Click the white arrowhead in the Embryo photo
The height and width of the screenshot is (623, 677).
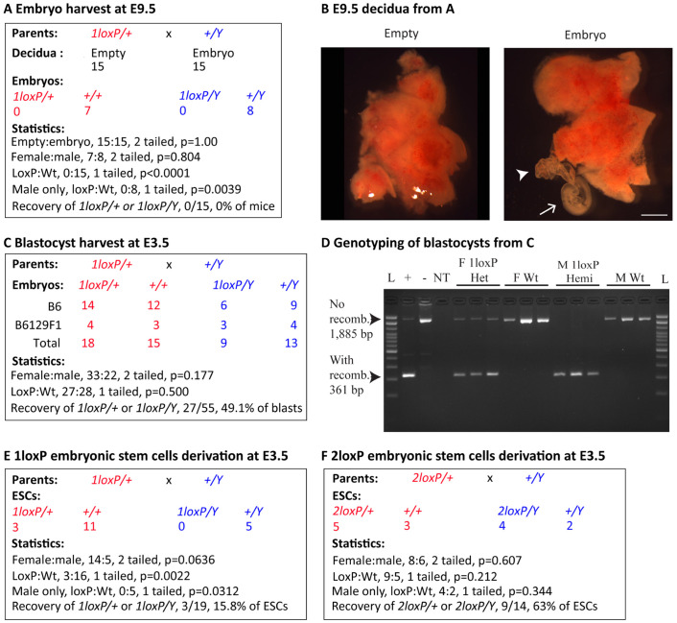point(523,175)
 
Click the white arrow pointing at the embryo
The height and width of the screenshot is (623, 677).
point(548,209)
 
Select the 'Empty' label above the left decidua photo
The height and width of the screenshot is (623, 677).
point(401,35)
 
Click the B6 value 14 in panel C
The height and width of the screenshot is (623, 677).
point(87,305)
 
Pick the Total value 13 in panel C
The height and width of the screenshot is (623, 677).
point(291,344)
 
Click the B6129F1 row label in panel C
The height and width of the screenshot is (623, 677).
point(38,325)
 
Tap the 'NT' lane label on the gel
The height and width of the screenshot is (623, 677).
point(441,278)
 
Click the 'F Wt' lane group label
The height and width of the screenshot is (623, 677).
point(525,278)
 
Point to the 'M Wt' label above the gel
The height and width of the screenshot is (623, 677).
point(630,278)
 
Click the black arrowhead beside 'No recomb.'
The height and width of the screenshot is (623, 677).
point(376,320)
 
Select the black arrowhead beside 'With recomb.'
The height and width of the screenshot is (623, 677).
point(376,377)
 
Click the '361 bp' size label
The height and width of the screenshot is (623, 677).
point(346,391)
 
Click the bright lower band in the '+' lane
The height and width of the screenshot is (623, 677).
point(408,375)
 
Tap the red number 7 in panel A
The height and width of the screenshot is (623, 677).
point(87,111)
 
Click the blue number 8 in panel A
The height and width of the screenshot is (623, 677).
point(250,111)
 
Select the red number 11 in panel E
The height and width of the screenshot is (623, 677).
point(90,527)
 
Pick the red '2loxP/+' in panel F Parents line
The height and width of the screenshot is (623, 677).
point(432,478)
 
